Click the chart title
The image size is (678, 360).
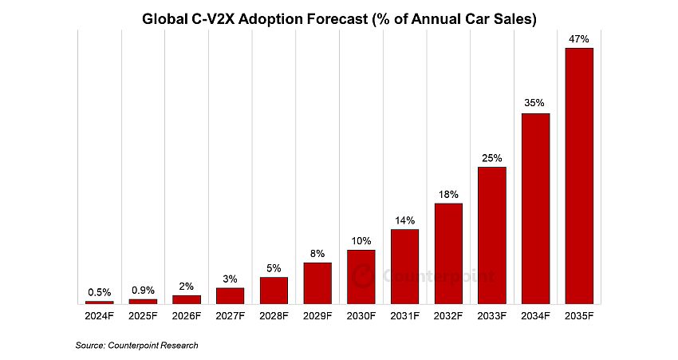[x=339, y=17]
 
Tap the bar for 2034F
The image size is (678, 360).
[x=535, y=208]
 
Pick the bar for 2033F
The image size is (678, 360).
[x=491, y=235]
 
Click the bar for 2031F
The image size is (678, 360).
[x=404, y=267]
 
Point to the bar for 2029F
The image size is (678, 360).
[x=317, y=283]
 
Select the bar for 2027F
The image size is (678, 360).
[x=231, y=295]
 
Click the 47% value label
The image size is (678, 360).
[x=578, y=38]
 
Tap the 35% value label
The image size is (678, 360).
[x=535, y=103]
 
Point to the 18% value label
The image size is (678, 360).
[x=448, y=194]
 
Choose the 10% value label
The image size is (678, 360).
[x=361, y=240]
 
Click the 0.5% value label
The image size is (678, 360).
[x=100, y=291]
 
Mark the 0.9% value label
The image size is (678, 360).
[x=144, y=290]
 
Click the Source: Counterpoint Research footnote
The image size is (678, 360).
[x=136, y=345]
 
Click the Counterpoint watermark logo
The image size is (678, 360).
[x=423, y=275]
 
